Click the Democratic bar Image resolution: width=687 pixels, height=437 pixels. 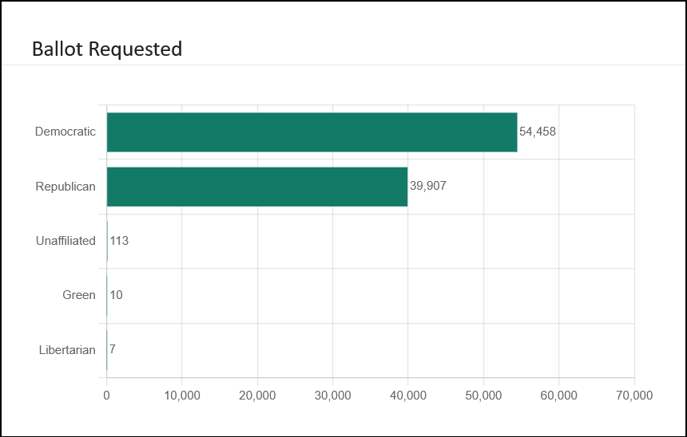click(312, 132)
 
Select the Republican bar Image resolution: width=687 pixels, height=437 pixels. click(257, 187)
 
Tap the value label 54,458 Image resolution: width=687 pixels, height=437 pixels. click(538, 132)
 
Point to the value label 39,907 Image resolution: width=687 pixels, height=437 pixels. click(428, 187)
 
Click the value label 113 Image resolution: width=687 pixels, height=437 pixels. click(119, 241)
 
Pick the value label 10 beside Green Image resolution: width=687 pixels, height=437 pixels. click(116, 295)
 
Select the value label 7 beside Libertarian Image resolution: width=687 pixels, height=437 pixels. click(113, 349)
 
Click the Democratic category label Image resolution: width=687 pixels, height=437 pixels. click(66, 132)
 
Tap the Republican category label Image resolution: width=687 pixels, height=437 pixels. click(66, 187)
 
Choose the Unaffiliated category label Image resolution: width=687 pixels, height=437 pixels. click(66, 241)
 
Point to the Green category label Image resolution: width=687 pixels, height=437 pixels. click(79, 295)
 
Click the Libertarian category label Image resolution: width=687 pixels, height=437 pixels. click(67, 349)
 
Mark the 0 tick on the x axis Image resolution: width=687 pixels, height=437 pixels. click(106, 395)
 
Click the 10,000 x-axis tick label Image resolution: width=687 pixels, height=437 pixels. click(182, 395)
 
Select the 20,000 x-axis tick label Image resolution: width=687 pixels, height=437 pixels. click(257, 395)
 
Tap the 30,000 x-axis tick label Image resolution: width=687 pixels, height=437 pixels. click(332, 395)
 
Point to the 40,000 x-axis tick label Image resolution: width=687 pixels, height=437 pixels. click(408, 395)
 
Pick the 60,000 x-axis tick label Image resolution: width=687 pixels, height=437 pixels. click(559, 395)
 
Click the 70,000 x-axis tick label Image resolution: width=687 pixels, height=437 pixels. click(633, 395)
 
